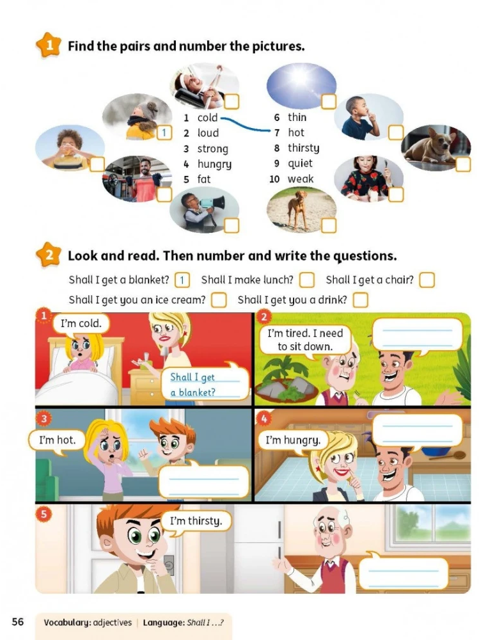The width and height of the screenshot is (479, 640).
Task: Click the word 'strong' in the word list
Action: click(x=212, y=148)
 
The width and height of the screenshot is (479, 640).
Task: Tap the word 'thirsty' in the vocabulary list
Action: click(x=304, y=148)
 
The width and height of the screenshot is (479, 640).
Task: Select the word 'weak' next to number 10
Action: click(x=301, y=179)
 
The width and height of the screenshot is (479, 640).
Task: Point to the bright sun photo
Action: click(x=301, y=85)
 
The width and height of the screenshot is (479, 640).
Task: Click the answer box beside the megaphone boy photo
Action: click(x=232, y=225)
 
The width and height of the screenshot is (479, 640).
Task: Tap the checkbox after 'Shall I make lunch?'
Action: click(x=307, y=280)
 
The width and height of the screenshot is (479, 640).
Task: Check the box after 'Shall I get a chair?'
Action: click(x=427, y=280)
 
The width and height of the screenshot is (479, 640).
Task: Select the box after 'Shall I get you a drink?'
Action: click(x=360, y=300)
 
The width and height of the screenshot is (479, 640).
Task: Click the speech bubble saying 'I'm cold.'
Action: click(x=81, y=324)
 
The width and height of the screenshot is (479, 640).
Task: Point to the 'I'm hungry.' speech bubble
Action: click(x=294, y=441)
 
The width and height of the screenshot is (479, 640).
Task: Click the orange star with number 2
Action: click(x=49, y=255)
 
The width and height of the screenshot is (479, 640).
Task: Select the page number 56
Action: click(x=18, y=621)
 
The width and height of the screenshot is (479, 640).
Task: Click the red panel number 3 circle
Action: click(x=43, y=419)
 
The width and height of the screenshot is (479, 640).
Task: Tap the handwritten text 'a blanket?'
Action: click(x=192, y=393)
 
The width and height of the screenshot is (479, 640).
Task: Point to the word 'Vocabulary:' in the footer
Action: click(x=67, y=623)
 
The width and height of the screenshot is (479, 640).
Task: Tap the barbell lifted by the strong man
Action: click(x=135, y=178)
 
